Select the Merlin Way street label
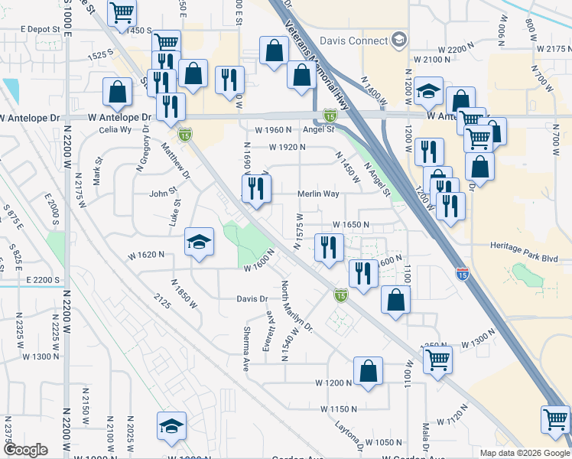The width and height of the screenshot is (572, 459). pyautogui.click(x=318, y=194)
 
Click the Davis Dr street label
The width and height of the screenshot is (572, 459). pyautogui.click(x=251, y=298)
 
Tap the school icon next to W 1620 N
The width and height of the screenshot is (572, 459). pyautogui.click(x=199, y=243)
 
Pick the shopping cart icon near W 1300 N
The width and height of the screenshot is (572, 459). pyautogui.click(x=437, y=358)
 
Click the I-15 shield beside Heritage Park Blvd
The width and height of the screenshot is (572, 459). pyautogui.click(x=462, y=272)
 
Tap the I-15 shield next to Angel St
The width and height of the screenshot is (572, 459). pyautogui.click(x=330, y=116)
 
